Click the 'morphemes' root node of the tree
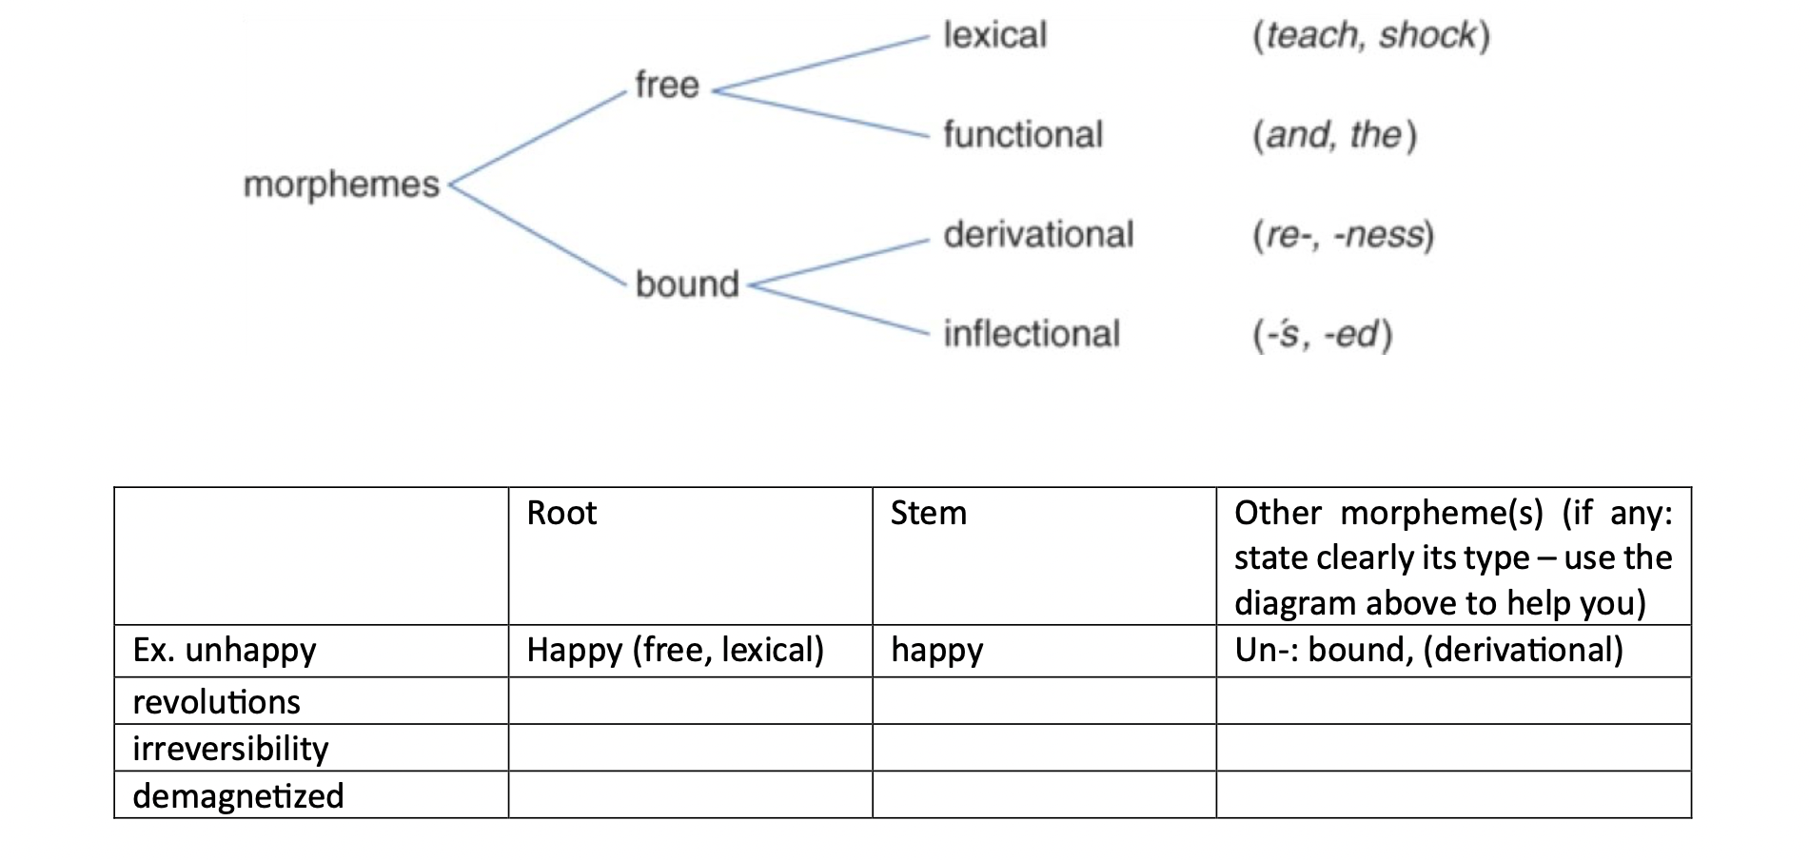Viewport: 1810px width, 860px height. tap(341, 185)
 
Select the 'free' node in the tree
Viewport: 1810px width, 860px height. tap(666, 86)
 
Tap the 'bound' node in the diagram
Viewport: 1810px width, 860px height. tap(686, 284)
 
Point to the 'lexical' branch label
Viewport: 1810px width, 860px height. tap(994, 36)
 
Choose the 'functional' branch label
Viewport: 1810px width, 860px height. tap(1022, 135)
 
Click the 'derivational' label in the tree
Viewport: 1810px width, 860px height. tap(1038, 235)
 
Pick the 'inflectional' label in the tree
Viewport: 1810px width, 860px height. tap(1032, 335)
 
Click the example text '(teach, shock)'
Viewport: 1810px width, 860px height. tap(1370, 36)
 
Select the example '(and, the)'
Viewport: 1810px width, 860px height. tap(1334, 135)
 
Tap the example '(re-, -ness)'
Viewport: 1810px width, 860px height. tap(1343, 235)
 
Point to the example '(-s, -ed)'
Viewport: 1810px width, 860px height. tap(1322, 335)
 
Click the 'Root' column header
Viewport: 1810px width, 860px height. tap(561, 514)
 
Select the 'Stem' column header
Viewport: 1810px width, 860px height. tap(928, 514)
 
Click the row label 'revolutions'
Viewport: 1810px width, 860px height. tap(216, 702)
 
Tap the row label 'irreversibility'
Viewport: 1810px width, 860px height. tap(230, 749)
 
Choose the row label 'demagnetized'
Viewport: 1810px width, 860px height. tap(238, 796)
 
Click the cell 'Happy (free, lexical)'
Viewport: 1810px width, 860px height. tap(675, 651)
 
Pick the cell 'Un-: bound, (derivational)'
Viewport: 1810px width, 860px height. tap(1428, 651)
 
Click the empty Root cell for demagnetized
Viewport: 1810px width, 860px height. tap(690, 795)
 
